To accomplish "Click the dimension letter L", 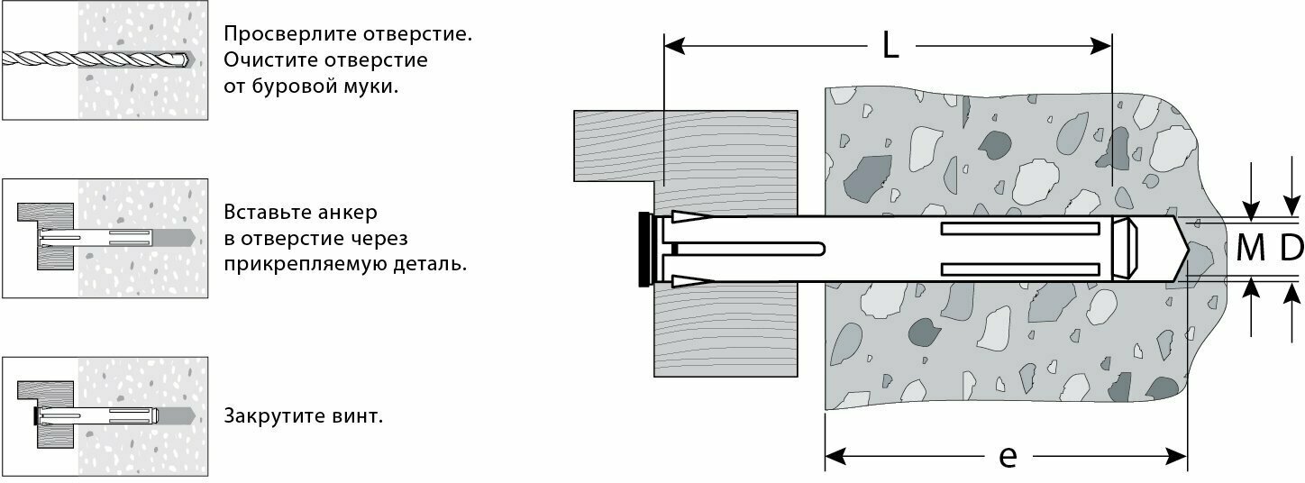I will point(890,45).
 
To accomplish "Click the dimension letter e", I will point(1008,457).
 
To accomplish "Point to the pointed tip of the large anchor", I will point(1181,250).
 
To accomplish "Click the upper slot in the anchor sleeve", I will point(1021,229).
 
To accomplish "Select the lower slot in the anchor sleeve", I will point(1021,269).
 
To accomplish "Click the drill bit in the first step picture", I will point(90,59).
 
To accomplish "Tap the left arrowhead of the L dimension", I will point(671,45).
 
